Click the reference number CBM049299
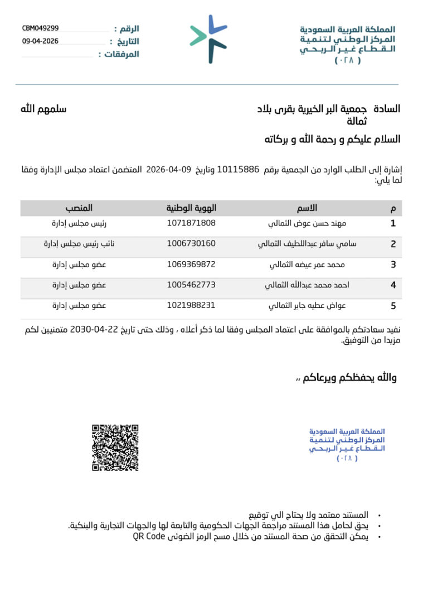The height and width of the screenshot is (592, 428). tap(40, 28)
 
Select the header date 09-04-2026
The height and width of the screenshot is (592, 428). tap(40, 41)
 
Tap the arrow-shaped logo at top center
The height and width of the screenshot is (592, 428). tap(208, 39)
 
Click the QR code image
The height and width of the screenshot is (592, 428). tap(115, 447)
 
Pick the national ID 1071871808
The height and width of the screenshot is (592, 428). tap(191, 223)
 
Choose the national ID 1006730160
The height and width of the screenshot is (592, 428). tap(191, 244)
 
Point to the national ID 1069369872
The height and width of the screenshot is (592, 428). tap(191, 264)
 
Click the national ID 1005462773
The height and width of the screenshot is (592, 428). tap(191, 285)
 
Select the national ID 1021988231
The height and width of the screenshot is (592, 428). tap(191, 305)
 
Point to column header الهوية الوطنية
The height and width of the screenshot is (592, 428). tap(191, 208)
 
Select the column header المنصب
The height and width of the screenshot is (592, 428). tap(79, 208)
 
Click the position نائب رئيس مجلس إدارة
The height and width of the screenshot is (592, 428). tap(75, 244)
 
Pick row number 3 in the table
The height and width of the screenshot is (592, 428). tap(393, 264)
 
